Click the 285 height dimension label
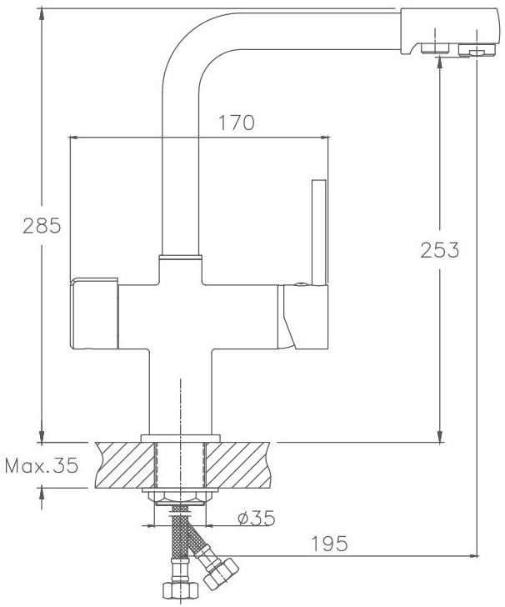[42, 226]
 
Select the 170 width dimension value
[237, 123]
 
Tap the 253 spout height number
[440, 249]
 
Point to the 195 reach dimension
[330, 544]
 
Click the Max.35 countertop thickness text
[42, 465]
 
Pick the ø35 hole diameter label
[256, 518]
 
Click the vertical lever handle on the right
[319, 233]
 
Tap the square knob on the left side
[94, 313]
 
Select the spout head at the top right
[448, 32]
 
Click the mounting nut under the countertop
[180, 498]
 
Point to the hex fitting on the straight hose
[180, 590]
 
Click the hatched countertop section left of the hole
[125, 465]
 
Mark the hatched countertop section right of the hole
[237, 465]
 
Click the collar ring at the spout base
[180, 257]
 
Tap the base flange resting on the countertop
[180, 439]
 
